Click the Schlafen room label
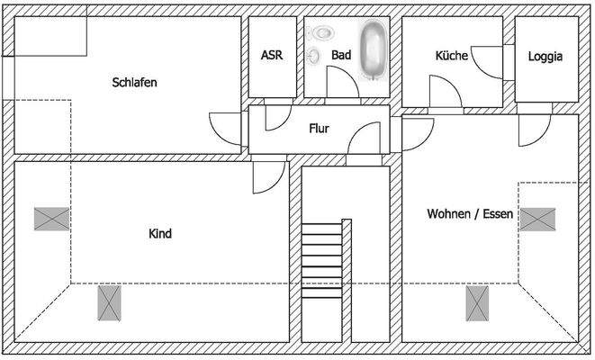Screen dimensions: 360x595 (135, 82)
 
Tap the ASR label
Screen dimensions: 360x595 (271, 55)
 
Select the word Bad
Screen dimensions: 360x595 (340, 55)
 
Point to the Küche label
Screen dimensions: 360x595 (451, 55)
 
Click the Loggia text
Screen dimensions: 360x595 (545, 55)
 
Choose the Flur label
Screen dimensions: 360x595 (319, 129)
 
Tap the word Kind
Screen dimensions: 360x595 (159, 234)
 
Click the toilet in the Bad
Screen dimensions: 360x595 (320, 33)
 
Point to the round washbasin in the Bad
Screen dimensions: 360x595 (314, 56)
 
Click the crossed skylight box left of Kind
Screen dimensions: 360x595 (51, 219)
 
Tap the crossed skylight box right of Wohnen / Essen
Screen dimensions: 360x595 (538, 219)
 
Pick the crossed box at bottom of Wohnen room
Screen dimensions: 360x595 (478, 302)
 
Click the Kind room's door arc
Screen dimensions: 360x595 (266, 178)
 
